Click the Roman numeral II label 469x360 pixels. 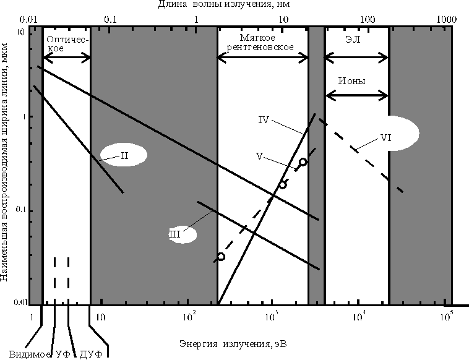coord(124,155)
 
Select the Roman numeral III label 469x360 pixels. coord(175,234)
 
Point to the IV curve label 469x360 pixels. coord(264,120)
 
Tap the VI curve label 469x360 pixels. coord(385,137)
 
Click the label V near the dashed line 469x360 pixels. coord(259,156)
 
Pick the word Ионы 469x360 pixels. coord(351,81)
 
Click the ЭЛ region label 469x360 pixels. coord(353,40)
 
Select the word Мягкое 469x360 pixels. coord(257,38)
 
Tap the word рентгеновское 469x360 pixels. coord(260,47)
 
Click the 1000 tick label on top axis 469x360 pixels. coord(447,19)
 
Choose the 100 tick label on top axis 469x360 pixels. coord(368,19)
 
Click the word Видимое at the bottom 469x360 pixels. coord(30,354)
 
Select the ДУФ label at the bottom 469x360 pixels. coord(91,354)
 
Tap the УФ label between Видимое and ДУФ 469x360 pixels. coord(63,354)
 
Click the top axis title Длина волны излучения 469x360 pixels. coord(224,4)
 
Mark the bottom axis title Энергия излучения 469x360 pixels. coord(233,344)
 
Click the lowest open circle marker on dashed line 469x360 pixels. coord(221,257)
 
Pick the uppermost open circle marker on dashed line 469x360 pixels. coord(303,162)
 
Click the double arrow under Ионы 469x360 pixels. coord(357,95)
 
